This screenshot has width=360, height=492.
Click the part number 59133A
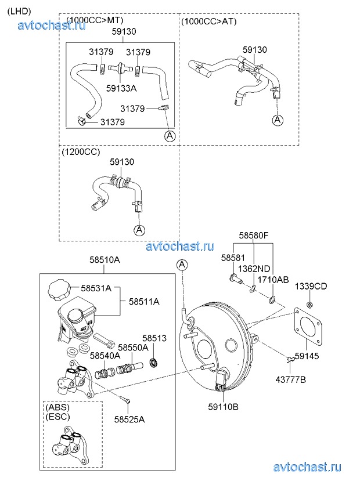(x=121, y=88)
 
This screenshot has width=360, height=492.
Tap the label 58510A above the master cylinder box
(x=105, y=261)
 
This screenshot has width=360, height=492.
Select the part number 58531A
(x=96, y=288)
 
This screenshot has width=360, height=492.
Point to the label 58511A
(x=144, y=302)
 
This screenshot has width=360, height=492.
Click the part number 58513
(x=154, y=338)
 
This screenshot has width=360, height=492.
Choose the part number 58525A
(x=129, y=419)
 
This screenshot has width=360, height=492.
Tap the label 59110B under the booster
(x=223, y=407)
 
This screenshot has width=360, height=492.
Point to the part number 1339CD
(x=311, y=286)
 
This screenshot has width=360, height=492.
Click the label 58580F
(x=254, y=236)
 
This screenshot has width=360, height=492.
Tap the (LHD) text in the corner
(x=19, y=11)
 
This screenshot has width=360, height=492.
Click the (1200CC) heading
(x=81, y=152)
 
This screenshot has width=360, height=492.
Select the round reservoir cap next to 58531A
(x=58, y=288)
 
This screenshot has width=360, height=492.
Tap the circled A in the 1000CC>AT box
(x=278, y=120)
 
